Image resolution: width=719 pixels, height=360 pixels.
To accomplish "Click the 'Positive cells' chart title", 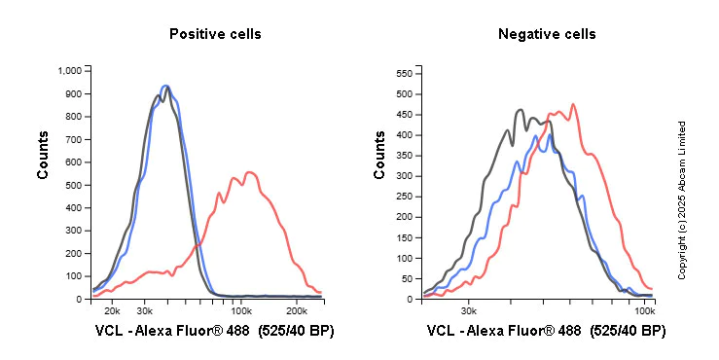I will point(215,34).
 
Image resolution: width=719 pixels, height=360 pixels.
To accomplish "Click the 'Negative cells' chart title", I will point(547,34).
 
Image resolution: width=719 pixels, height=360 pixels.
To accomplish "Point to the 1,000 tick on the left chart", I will point(71,71).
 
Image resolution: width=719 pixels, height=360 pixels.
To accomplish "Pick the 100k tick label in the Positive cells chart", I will point(243,310).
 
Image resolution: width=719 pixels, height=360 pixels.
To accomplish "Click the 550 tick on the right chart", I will point(407,73).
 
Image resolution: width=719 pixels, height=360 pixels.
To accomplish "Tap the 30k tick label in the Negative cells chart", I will point(468,310).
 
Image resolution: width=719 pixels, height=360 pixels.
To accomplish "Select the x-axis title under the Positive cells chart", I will point(214,332).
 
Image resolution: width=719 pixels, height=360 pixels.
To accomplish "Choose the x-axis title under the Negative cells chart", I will point(546,332).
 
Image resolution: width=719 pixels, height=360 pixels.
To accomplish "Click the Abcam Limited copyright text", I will point(682,200).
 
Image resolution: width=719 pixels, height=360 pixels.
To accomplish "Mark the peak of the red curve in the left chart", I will point(249,172).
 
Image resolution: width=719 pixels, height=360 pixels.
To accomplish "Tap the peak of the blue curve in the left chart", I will point(166,86).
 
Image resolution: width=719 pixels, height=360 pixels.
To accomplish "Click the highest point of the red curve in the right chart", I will point(573,104).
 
